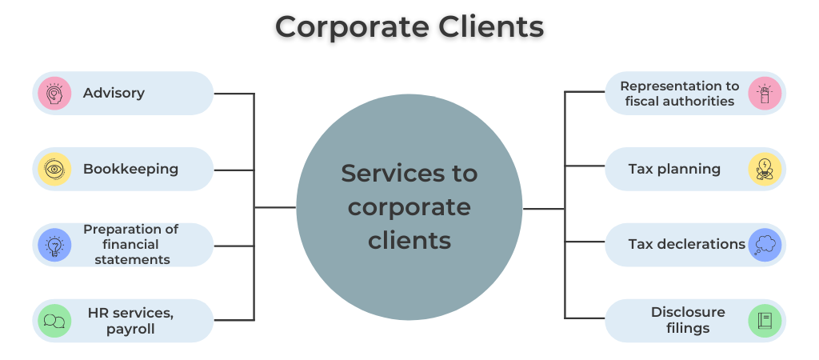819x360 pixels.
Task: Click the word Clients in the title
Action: [x=489, y=26]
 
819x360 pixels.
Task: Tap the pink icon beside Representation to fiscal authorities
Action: [x=764, y=94]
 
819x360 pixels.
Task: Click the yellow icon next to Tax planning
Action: [x=764, y=169]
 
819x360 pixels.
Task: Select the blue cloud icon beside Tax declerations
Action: [x=764, y=244]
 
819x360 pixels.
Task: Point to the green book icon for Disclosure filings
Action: [x=764, y=321]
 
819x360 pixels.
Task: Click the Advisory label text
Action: [x=114, y=93]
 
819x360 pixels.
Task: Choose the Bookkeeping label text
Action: [x=130, y=169]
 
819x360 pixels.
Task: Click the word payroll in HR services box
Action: [x=130, y=329]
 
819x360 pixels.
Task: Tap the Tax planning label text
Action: [x=674, y=169]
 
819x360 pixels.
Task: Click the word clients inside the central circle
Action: [x=409, y=240]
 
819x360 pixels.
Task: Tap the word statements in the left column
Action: [x=132, y=259]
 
